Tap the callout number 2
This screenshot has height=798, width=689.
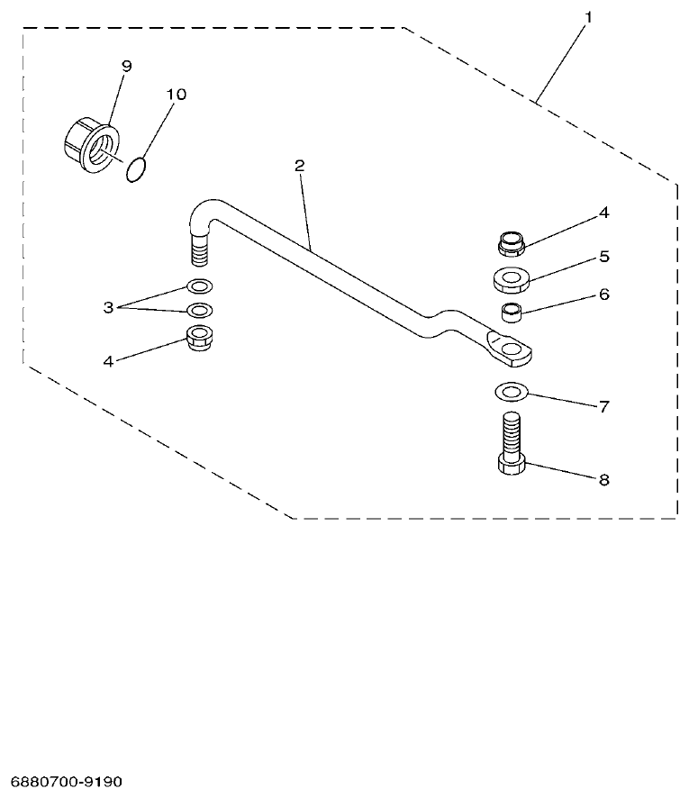point(300,167)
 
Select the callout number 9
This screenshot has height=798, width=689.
point(126,66)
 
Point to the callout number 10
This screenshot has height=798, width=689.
point(176,95)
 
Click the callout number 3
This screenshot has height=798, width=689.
point(109,307)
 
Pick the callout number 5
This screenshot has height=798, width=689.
point(604,257)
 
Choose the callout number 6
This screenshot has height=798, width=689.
point(604,294)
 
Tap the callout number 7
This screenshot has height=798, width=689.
point(604,406)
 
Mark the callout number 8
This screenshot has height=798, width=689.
point(604,480)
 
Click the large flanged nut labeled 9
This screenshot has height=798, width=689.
point(89,145)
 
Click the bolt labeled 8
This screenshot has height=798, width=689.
point(511,446)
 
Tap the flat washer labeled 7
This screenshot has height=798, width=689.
point(511,392)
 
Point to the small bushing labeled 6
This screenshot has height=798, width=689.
point(512,314)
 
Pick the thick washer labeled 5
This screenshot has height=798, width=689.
point(511,278)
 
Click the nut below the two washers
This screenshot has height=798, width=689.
point(199,341)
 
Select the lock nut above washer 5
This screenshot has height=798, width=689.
point(511,241)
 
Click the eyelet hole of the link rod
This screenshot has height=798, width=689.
point(512,348)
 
